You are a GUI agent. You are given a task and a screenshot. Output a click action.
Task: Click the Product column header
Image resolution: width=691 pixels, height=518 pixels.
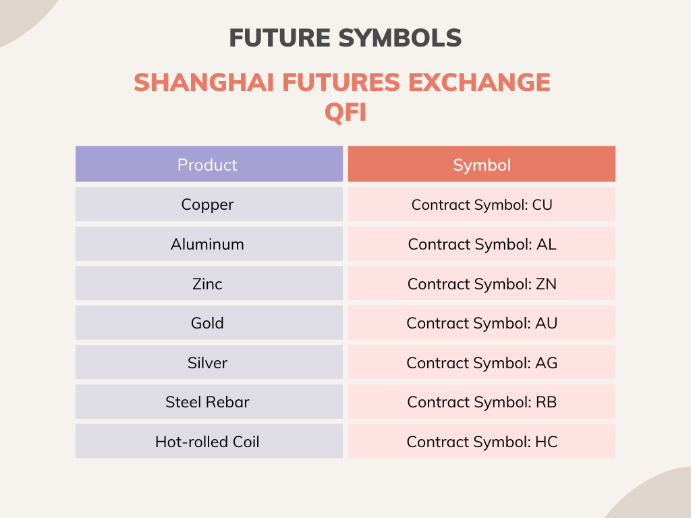[x=207, y=165]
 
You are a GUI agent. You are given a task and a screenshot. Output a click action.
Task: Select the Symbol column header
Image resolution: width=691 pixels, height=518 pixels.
[x=482, y=165]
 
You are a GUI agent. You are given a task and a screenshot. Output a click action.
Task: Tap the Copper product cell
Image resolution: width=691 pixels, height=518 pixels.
[x=207, y=204]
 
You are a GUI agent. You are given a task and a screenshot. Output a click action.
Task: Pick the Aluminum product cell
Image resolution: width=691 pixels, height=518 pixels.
[x=207, y=244]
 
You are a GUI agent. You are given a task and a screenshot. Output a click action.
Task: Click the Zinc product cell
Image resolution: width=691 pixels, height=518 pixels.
[x=207, y=283]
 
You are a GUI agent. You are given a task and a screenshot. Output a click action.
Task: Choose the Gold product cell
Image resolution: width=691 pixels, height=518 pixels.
[x=207, y=323]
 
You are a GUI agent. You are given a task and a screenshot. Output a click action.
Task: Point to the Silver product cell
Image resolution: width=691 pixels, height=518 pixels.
[x=207, y=363]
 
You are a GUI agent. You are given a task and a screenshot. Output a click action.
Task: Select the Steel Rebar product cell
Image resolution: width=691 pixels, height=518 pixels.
[x=207, y=402]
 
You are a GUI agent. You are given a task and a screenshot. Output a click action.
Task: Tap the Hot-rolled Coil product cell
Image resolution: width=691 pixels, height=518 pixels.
[x=207, y=442]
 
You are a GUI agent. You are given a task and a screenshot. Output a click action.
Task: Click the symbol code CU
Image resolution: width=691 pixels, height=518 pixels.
[x=542, y=204]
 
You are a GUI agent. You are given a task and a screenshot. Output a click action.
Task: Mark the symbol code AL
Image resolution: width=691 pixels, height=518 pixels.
[x=547, y=244]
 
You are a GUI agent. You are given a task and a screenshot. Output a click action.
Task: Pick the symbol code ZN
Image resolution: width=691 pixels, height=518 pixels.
[x=547, y=283]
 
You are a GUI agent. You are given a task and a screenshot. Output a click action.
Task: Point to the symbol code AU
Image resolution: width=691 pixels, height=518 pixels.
[x=547, y=323]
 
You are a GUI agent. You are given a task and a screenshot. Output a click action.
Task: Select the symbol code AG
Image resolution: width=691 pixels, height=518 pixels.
[x=547, y=363]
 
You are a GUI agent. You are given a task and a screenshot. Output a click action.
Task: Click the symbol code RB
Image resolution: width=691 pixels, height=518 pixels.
[x=547, y=402]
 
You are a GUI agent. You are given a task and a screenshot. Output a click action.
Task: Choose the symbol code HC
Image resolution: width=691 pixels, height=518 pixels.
[x=547, y=442]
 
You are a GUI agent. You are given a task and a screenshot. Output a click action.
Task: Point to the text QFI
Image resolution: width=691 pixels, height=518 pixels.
[x=345, y=112]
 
